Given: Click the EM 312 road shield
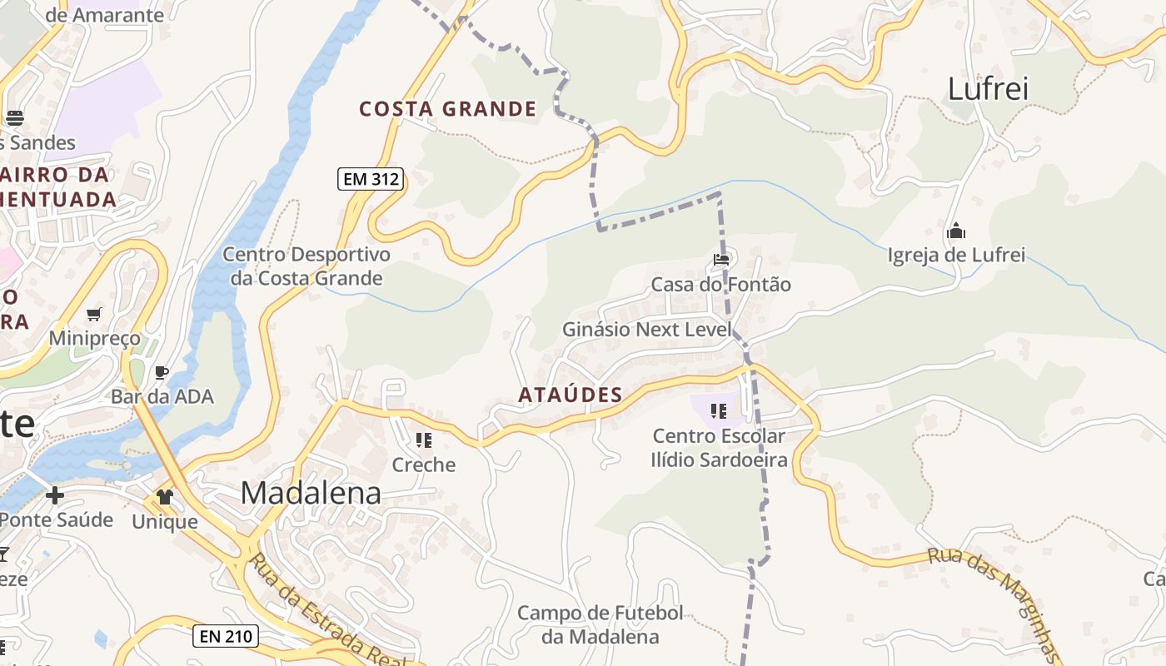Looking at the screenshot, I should tap(371, 178).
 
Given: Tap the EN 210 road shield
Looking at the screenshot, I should tap(226, 637).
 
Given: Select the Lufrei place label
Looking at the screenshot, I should tap(989, 87).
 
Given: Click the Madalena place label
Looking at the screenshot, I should tap(311, 493).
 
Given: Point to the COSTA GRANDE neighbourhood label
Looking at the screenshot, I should tap(448, 109).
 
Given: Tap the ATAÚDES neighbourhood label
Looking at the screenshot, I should tap(571, 395).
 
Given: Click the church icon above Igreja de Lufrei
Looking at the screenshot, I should tap(956, 231).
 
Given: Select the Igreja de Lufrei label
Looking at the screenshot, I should tap(956, 255).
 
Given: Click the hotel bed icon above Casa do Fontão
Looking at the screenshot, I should tap(721, 261).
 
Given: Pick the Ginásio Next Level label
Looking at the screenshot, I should tap(646, 330).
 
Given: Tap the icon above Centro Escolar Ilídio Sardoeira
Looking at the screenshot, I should tap(720, 410).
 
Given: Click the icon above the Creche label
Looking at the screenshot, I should tap(424, 440).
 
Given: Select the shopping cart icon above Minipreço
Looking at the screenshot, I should tap(93, 314).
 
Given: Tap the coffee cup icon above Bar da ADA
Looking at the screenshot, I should tap(162, 372).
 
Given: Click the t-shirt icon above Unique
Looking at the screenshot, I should tap(164, 497).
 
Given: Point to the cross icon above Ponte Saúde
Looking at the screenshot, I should tap(55, 496).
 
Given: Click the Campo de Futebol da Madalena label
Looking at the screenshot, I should tap(600, 625).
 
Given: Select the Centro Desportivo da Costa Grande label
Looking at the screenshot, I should tap(306, 266).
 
